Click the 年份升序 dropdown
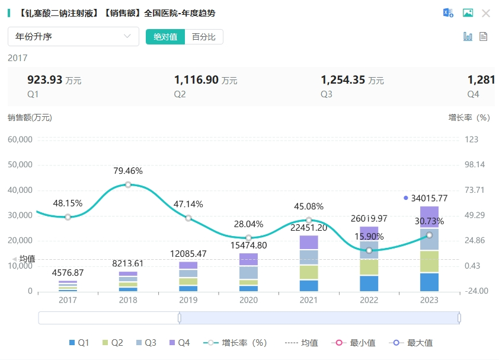pos(73,37)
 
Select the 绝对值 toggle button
pos(165,37)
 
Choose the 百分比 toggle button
pos(204,37)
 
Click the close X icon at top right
pos(486,13)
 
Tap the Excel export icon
pos(449,13)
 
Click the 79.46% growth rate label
pos(128,171)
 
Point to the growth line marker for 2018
pos(128,184)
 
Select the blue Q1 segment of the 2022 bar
pos(369,283)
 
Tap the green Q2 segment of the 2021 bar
pos(309,272)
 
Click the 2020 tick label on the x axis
pos(248,300)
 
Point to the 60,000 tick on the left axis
pos(20,139)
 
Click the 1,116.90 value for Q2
pos(197,80)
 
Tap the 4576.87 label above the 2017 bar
pos(68,273)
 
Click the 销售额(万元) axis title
pos(30,117)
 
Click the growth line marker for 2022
pos(369,250)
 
